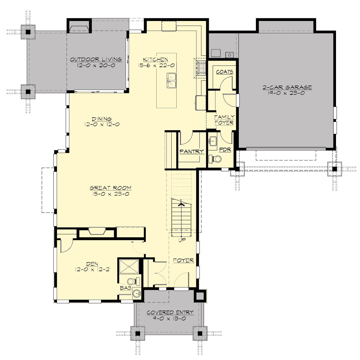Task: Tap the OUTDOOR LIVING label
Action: pos(91,59)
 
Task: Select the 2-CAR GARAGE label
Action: pos(287,88)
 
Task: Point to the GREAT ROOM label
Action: pos(110,188)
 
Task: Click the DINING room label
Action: pos(102,119)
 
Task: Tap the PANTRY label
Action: pos(192,152)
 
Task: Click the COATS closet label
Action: pos(224,72)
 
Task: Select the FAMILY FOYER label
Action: pos(224,120)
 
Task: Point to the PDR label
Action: pos(225,149)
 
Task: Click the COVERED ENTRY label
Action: pos(170,313)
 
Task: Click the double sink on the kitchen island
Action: pos(171,81)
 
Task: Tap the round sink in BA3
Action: pos(137,294)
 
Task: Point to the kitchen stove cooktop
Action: pos(200,67)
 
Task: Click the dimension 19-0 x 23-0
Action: pos(287,93)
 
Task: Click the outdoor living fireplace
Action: pos(79,28)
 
